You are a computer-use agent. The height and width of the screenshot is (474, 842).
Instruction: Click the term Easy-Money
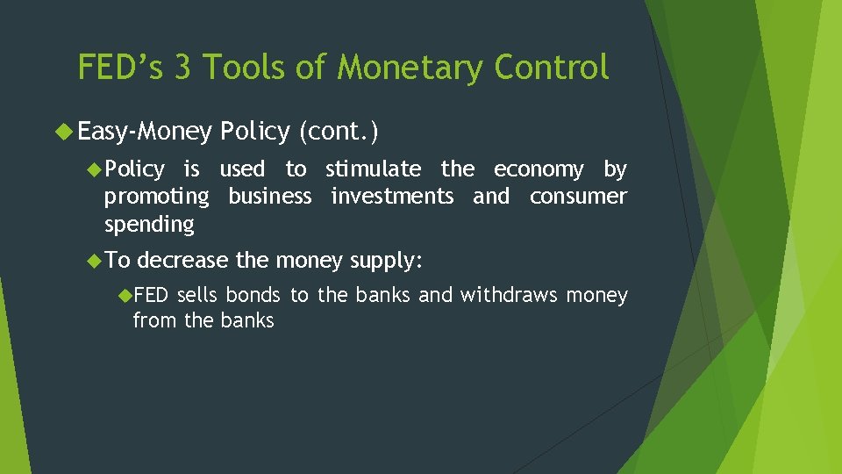pyautogui.click(x=145, y=132)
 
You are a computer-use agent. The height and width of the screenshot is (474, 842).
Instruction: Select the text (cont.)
pyautogui.click(x=339, y=132)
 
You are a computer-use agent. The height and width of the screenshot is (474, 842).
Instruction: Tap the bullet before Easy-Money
pyautogui.click(x=65, y=132)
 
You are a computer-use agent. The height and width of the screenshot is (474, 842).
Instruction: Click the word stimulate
pyautogui.click(x=373, y=169)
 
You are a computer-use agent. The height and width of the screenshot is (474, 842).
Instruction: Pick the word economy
pyautogui.click(x=539, y=169)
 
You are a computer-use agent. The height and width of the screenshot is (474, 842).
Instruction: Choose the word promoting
pyautogui.click(x=156, y=197)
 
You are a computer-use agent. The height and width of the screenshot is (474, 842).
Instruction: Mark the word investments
pyautogui.click(x=392, y=196)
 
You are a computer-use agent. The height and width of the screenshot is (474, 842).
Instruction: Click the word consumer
pyautogui.click(x=578, y=196)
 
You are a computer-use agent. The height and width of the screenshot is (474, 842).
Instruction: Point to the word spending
pyautogui.click(x=149, y=225)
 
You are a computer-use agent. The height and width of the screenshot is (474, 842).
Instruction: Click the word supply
pyautogui.click(x=386, y=261)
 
